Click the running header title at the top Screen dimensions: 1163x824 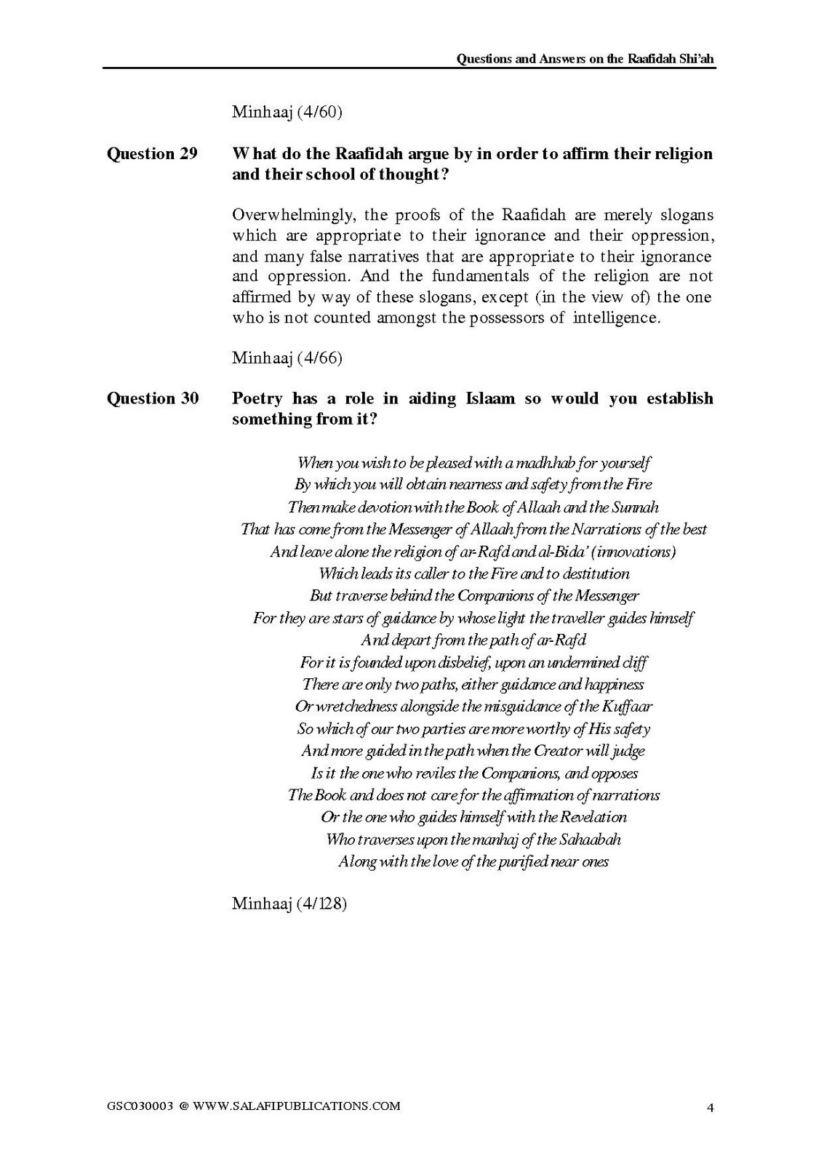point(585,59)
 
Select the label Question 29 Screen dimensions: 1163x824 point(152,154)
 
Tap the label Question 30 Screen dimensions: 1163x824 point(153,398)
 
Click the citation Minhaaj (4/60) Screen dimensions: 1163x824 point(287,112)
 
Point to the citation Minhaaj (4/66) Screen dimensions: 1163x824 point(287,358)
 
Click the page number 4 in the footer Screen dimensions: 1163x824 point(710,1108)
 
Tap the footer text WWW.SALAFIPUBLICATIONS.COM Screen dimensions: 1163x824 point(296,1106)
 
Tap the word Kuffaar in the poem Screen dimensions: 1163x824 point(627,707)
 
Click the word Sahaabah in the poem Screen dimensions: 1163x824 point(590,840)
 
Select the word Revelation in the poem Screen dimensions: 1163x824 point(593,817)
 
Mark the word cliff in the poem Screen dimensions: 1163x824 point(634,662)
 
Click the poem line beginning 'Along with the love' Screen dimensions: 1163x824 point(473,862)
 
